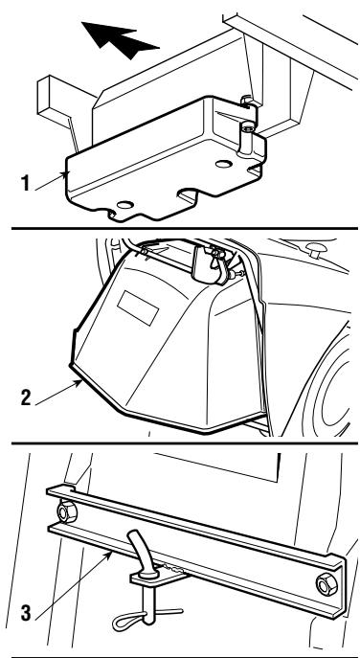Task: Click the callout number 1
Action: click(x=26, y=184)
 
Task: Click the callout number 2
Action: click(x=26, y=397)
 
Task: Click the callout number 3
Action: click(x=26, y=613)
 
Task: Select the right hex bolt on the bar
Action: click(x=326, y=584)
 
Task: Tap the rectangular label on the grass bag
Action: click(x=138, y=308)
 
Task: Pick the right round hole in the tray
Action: click(x=224, y=164)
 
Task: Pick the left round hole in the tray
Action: click(x=125, y=205)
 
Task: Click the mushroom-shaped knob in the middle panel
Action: click(x=316, y=249)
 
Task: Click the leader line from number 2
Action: click(x=58, y=393)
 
